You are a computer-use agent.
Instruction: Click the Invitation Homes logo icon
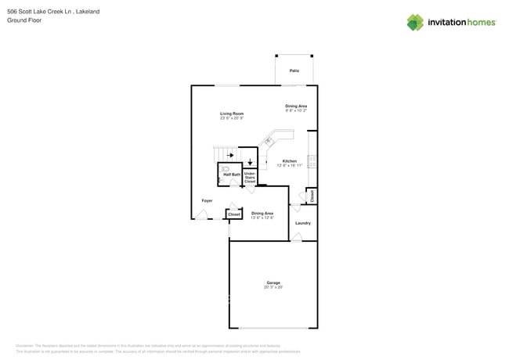click(415, 22)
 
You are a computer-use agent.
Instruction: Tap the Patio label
click(294, 70)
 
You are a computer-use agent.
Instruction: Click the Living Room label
click(232, 113)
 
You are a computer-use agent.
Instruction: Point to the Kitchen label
click(289, 160)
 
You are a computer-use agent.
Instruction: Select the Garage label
click(273, 283)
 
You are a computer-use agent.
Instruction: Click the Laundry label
click(303, 223)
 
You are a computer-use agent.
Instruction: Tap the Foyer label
click(207, 200)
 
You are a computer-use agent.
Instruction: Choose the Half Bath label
click(232, 175)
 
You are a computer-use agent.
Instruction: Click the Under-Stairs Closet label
click(250, 177)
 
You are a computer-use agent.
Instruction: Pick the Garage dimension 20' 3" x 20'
click(273, 287)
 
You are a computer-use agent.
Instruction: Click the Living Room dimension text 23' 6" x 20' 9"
click(232, 118)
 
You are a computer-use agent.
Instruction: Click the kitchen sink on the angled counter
click(268, 141)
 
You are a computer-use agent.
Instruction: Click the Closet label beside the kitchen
click(312, 195)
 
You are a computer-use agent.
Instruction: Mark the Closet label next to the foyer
click(233, 214)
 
